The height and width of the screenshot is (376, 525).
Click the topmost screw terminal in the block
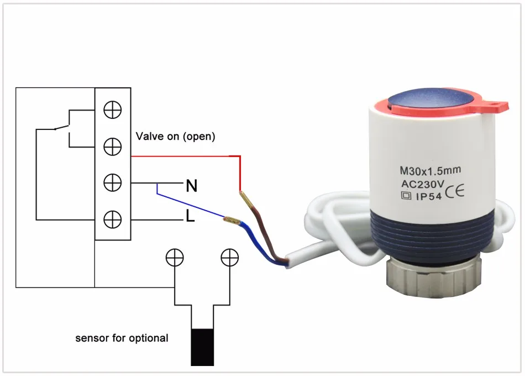click(113, 110)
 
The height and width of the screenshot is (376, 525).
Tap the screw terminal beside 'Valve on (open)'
click(113, 147)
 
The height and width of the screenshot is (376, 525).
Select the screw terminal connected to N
click(113, 182)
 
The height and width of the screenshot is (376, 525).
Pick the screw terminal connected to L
click(113, 219)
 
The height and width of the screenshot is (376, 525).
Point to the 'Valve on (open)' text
click(175, 136)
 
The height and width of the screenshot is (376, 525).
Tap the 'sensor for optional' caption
click(122, 338)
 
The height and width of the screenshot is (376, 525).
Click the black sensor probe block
click(202, 347)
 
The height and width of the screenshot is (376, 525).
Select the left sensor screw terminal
click(175, 257)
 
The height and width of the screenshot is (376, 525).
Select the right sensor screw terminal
click(229, 257)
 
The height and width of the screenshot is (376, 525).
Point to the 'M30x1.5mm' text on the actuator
click(430, 171)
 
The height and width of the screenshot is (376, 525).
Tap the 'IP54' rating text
click(428, 196)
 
